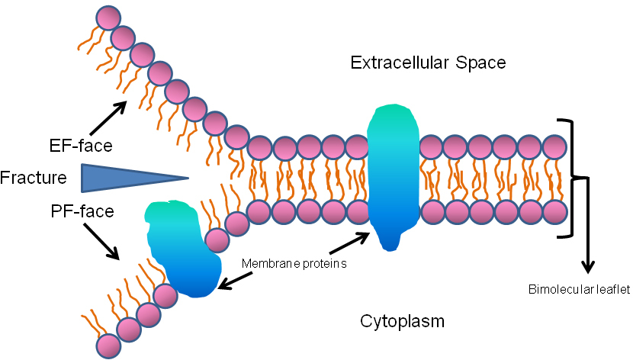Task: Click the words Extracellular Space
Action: pyautogui.click(x=428, y=63)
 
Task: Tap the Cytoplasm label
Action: pyautogui.click(x=402, y=321)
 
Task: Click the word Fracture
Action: pyautogui.click(x=33, y=178)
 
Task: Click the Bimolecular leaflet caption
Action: pyautogui.click(x=579, y=289)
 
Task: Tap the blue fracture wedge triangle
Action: pyautogui.click(x=122, y=178)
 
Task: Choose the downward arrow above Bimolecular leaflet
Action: pyautogui.click(x=587, y=229)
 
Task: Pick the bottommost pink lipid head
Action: pyautogui.click(x=109, y=346)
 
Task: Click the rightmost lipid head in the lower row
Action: pyautogui.click(x=554, y=210)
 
